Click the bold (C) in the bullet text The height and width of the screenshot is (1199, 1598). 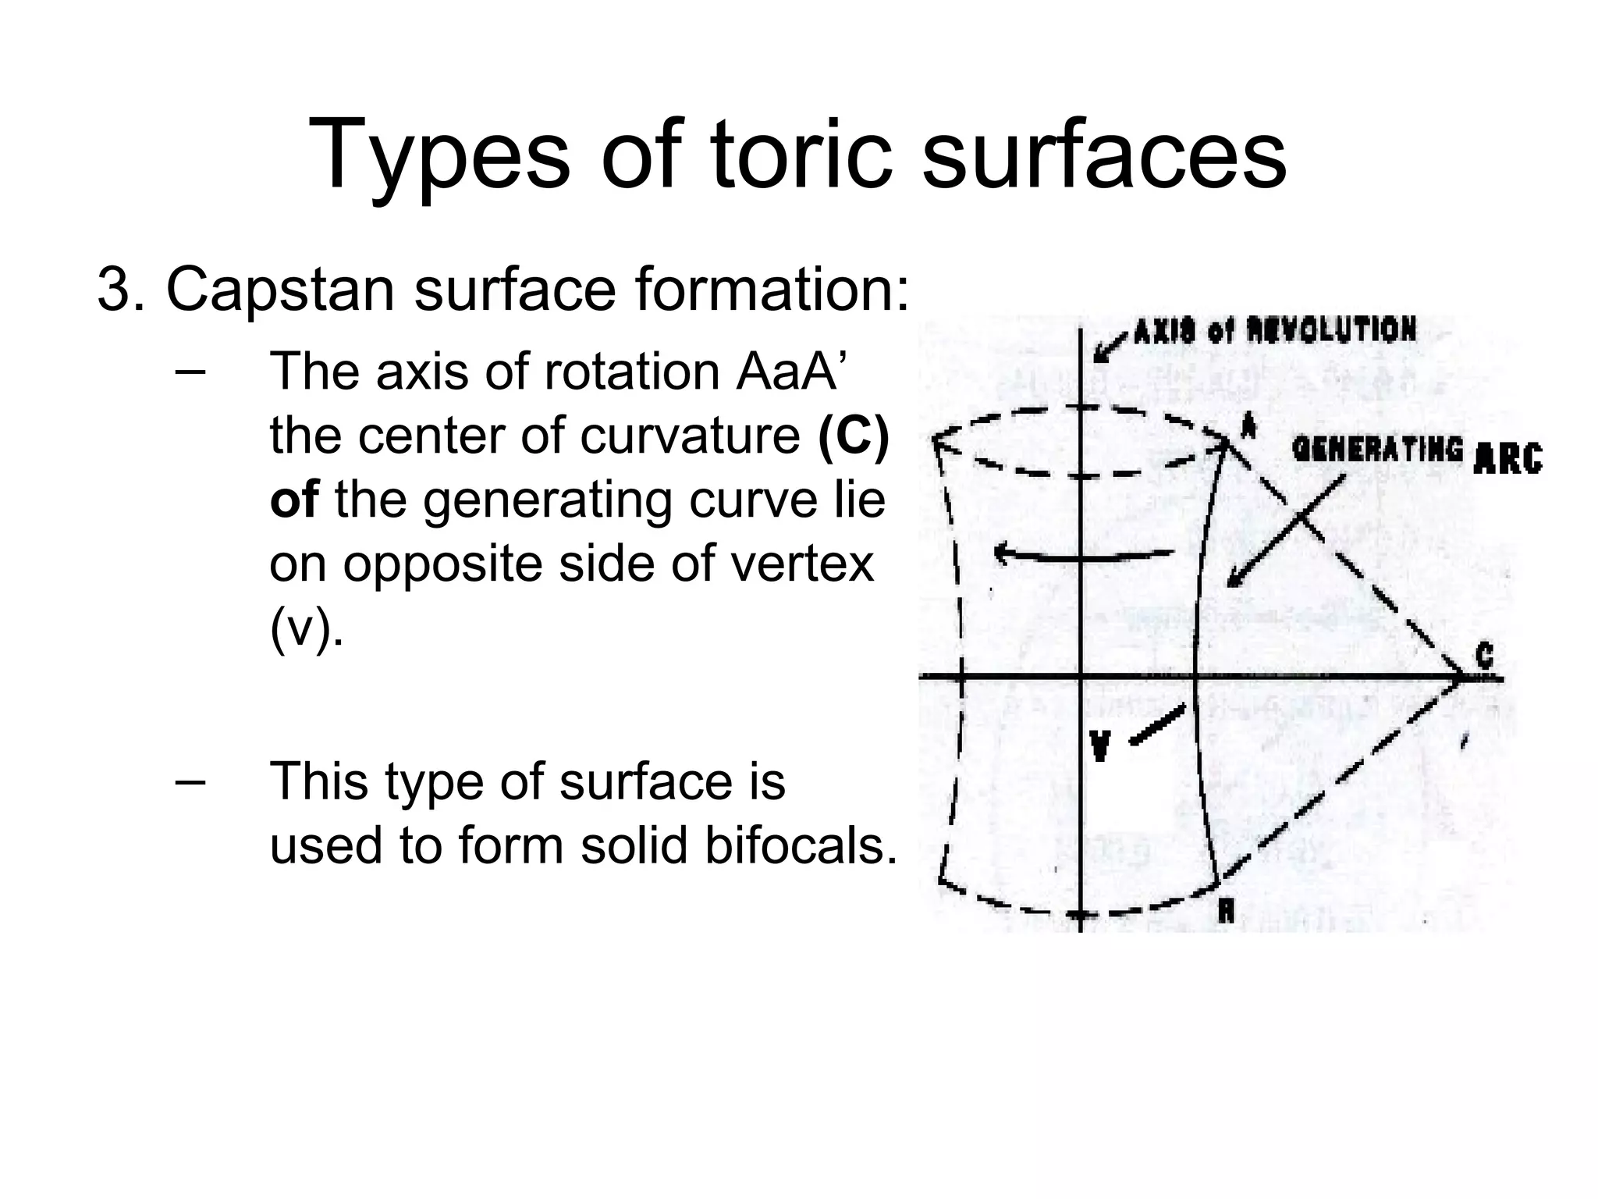coord(854,436)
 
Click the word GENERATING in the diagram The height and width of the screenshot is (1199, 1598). coord(1377,450)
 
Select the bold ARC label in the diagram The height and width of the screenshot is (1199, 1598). coord(1507,458)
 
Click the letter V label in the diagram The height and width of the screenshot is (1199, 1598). coord(1099,745)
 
